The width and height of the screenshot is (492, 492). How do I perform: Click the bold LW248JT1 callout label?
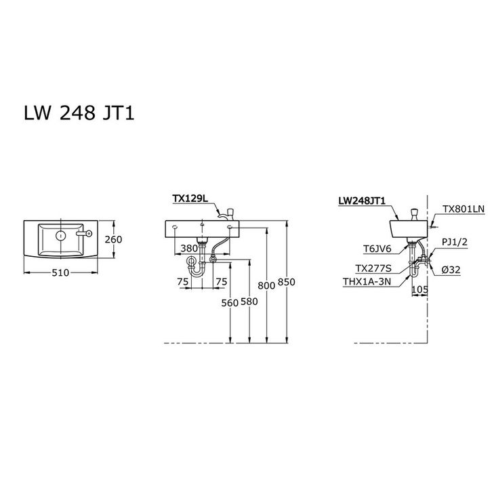361,201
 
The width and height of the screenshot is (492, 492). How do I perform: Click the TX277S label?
375,269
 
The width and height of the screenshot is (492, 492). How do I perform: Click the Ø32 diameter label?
451,270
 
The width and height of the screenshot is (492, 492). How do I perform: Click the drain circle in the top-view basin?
60,236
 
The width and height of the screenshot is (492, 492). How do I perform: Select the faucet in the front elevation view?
228,213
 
